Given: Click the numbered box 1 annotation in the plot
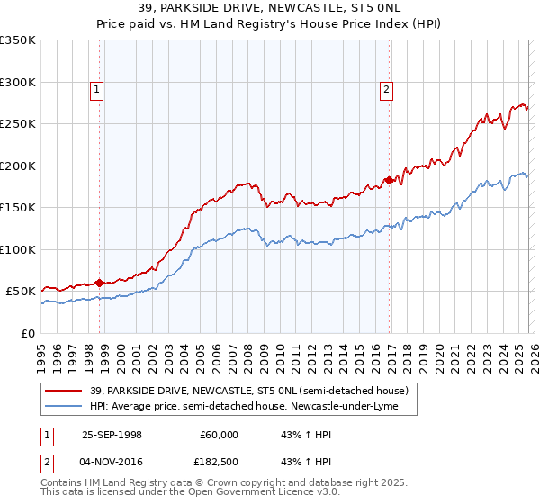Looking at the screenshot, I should [x=96, y=89].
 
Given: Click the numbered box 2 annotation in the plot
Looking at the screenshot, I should [x=386, y=89].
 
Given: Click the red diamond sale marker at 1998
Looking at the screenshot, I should [x=99, y=283].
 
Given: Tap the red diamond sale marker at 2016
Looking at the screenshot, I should [x=389, y=180].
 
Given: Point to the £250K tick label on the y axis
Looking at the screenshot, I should [x=18, y=124].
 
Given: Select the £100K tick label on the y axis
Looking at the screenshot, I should [x=18, y=249].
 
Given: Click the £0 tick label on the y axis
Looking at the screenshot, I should [x=27, y=333].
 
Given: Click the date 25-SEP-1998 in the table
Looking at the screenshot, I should [x=112, y=435].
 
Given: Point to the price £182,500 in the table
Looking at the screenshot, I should [x=216, y=462].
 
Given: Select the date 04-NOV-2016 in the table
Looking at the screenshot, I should [x=112, y=462].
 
